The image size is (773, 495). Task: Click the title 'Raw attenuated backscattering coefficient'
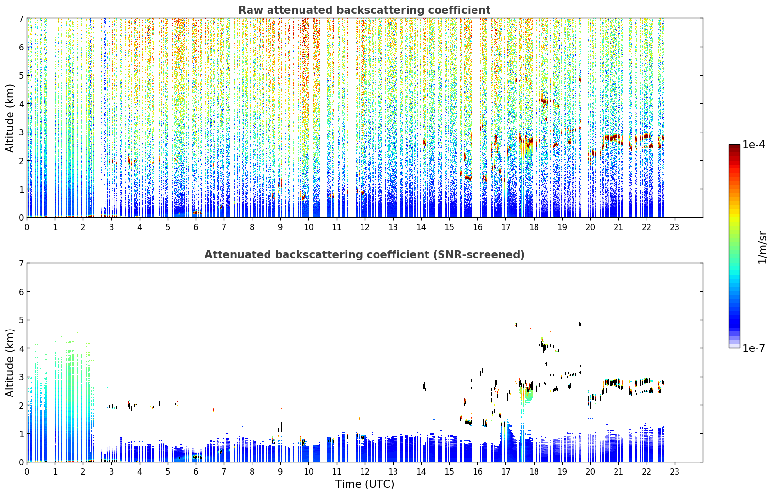[x=364, y=10]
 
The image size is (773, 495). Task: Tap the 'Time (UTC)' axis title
[x=364, y=484]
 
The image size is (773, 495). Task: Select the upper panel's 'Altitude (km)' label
[x=10, y=118]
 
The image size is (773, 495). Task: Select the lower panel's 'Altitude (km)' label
[x=10, y=363]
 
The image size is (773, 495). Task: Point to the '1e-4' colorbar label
[x=754, y=145]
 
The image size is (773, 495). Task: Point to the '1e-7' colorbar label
[x=754, y=348]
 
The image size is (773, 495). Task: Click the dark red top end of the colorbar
[x=734, y=146]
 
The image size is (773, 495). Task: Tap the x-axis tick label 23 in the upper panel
[x=675, y=227]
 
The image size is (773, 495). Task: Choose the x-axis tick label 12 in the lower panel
[x=365, y=472]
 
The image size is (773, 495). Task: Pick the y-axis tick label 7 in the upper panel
[x=21, y=18]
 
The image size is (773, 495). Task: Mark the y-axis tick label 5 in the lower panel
[x=21, y=320]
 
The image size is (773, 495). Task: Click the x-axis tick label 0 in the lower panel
[x=27, y=472]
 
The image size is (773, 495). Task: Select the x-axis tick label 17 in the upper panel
[x=505, y=227]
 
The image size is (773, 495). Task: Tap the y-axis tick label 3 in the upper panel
[x=21, y=132]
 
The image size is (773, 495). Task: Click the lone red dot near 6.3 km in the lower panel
[x=310, y=284]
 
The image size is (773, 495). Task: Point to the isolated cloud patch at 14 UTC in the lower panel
[x=424, y=386]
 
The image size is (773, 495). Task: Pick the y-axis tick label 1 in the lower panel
[x=21, y=434]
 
